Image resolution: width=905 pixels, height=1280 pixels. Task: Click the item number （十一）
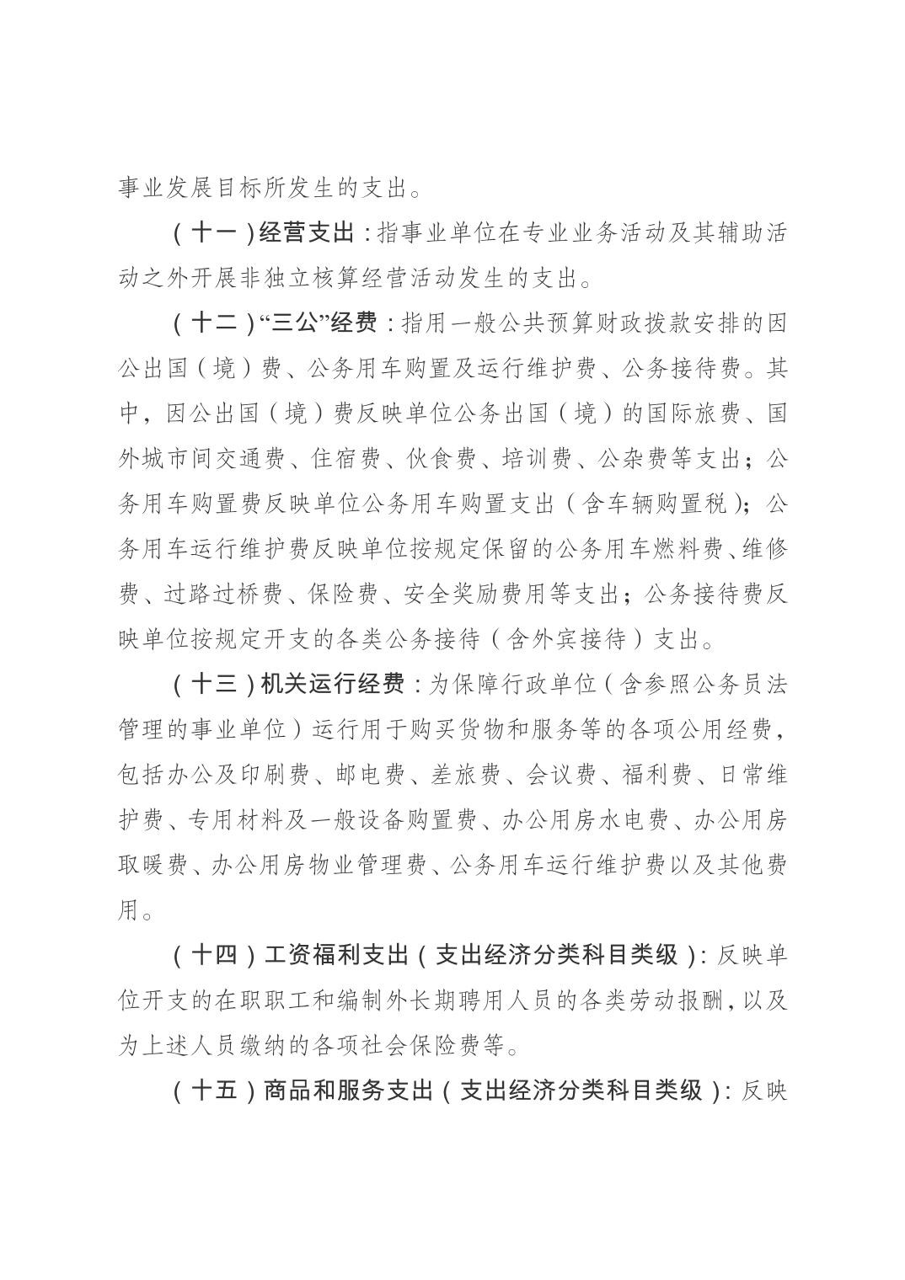[214, 232]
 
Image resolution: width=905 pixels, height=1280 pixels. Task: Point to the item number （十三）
[214, 684]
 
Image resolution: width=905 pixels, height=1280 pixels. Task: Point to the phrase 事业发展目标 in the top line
[189, 187]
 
